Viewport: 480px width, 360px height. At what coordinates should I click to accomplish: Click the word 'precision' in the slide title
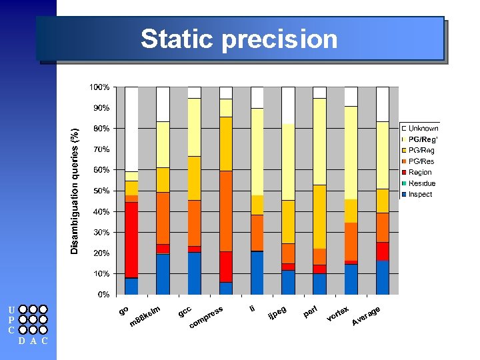(x=280, y=40)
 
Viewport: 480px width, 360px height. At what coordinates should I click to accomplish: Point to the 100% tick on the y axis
(x=100, y=87)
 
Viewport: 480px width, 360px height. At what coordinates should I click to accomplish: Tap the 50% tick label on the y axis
(x=101, y=191)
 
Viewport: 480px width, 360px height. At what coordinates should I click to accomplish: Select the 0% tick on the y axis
(x=103, y=294)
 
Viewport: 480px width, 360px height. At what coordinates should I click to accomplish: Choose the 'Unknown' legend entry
(x=423, y=128)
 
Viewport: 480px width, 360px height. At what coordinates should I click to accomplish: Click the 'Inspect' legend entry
(x=420, y=194)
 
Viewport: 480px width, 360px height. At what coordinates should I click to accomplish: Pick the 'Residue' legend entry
(x=422, y=183)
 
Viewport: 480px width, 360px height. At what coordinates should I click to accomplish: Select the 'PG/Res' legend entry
(x=421, y=161)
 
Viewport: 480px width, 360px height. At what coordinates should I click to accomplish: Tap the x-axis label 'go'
(x=123, y=310)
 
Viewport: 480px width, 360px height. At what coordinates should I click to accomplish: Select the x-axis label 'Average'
(x=366, y=316)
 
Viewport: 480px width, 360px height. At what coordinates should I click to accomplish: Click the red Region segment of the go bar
(x=131, y=240)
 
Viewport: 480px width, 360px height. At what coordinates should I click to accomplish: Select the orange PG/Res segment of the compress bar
(x=226, y=211)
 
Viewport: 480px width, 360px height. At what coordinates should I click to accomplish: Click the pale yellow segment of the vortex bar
(x=351, y=153)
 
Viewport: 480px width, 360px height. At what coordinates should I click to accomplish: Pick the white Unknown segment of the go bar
(x=131, y=129)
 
